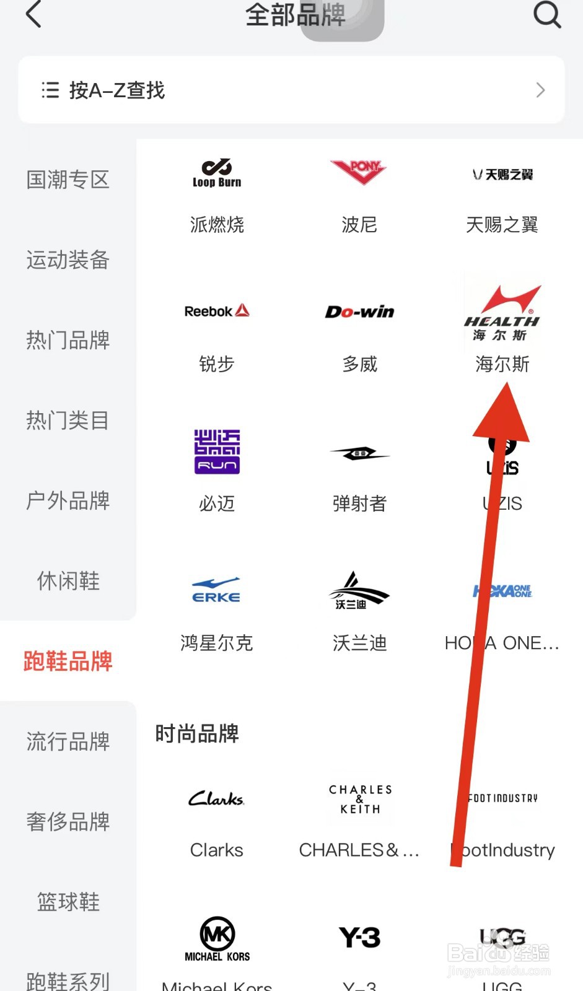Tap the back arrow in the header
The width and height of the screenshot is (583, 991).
(x=33, y=15)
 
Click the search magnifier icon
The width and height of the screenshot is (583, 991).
(x=547, y=14)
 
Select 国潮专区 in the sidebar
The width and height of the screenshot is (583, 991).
(x=68, y=180)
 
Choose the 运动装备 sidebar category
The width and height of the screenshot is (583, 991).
(x=68, y=260)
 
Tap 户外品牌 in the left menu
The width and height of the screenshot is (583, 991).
(x=68, y=500)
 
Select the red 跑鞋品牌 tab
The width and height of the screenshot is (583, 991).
(x=68, y=661)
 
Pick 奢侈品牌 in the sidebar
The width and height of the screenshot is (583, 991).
(x=68, y=822)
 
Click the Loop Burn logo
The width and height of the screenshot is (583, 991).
(x=217, y=173)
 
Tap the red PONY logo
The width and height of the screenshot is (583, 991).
(x=359, y=171)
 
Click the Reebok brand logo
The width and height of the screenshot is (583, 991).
(x=217, y=311)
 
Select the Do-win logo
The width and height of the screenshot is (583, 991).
(x=359, y=312)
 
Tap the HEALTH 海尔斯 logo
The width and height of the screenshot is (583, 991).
(x=502, y=313)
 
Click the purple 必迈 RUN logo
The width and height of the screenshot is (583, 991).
(x=217, y=452)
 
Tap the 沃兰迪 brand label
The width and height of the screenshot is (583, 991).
(x=359, y=643)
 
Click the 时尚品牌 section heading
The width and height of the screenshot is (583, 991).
(x=197, y=734)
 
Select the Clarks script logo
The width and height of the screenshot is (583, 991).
(x=217, y=799)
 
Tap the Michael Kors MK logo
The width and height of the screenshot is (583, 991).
(x=217, y=938)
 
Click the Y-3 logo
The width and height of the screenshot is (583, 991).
(x=359, y=937)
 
